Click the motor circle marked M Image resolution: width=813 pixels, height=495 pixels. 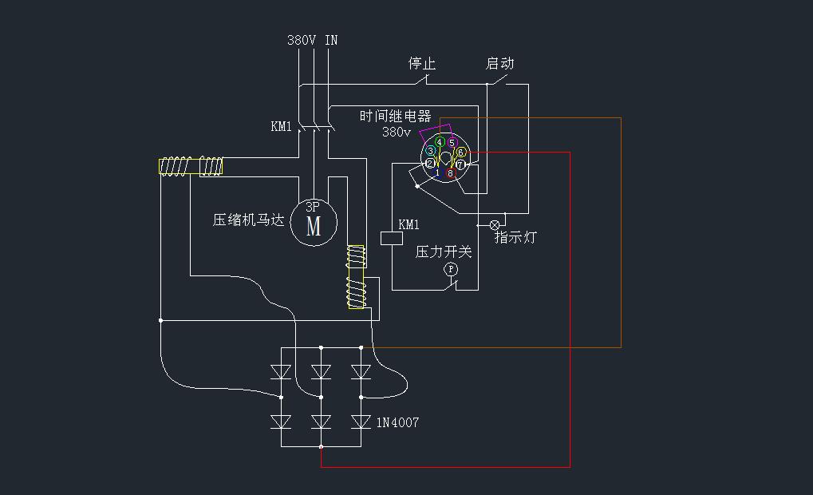pos(314,223)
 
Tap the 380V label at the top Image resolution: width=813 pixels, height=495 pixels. pos(302,40)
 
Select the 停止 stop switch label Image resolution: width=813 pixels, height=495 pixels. pos(421,63)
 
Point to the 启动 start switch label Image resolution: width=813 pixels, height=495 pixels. pos(499,63)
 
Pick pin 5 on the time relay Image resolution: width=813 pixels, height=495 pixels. pos(452,143)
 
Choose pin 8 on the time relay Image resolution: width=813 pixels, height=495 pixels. pos(450,172)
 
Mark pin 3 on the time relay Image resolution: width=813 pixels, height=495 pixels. pos(431,151)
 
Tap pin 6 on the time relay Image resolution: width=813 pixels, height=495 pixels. pos(460,152)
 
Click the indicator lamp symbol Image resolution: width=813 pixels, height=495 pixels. pos(494,225)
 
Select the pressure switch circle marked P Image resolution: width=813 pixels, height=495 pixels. pos(450,270)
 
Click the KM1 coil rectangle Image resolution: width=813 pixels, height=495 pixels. pos(392,237)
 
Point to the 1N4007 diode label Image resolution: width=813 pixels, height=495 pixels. pos(397,422)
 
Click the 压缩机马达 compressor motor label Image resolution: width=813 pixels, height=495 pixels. pos(248,220)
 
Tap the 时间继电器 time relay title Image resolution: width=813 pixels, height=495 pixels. pos(395,116)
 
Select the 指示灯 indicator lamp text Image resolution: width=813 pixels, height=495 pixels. pos(515,237)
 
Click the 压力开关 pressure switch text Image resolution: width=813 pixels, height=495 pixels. pos(444,251)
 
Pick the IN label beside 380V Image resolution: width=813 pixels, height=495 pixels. pos(331,40)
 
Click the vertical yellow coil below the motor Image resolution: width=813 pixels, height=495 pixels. pos(356,277)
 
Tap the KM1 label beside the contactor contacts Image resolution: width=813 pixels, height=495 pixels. pos(281,126)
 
